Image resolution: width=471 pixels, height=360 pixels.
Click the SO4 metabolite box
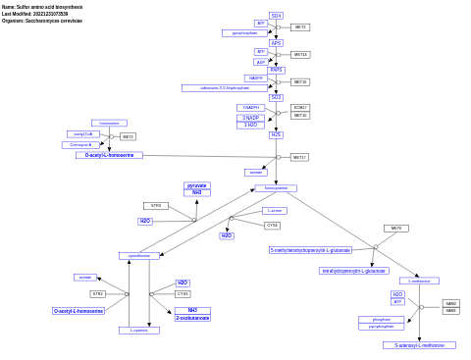point(276,16)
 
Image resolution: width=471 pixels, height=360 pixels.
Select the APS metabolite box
point(276,43)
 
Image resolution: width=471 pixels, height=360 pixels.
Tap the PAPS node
point(276,70)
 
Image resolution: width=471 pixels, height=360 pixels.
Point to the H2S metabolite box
point(276,134)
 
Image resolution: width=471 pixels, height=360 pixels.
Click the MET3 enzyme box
point(299,27)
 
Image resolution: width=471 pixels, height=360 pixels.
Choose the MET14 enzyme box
point(300,55)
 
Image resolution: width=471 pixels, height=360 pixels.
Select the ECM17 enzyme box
point(300,108)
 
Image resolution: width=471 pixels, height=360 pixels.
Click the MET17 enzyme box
point(299,157)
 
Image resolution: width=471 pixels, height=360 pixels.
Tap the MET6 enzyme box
point(395,229)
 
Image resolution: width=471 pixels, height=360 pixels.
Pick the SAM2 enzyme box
point(450,304)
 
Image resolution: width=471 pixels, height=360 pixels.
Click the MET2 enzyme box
point(128,136)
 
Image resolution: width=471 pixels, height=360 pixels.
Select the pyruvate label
point(197,185)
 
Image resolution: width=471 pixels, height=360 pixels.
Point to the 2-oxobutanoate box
point(192,318)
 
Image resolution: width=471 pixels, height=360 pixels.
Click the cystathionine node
point(139,256)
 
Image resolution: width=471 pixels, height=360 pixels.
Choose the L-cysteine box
point(139,331)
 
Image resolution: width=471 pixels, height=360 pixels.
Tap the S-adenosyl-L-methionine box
point(419,345)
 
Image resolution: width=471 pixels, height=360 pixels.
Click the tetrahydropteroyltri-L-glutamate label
point(353,271)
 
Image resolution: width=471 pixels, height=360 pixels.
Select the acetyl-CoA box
point(83,133)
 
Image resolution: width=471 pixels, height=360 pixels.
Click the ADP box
point(261,62)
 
